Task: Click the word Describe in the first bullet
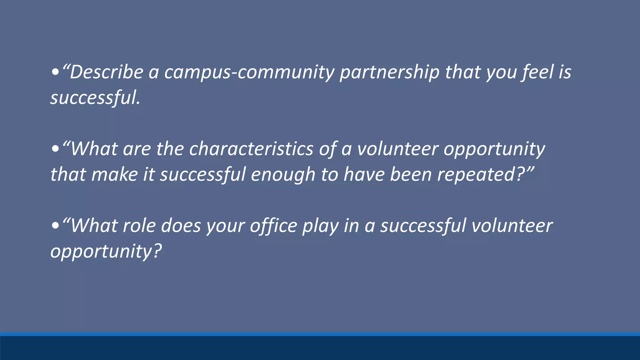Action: (x=106, y=72)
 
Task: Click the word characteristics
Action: (x=251, y=149)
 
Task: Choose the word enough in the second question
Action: (x=283, y=174)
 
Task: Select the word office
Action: (x=273, y=226)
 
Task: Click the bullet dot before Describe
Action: (x=55, y=73)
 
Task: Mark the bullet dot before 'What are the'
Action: (x=55, y=149)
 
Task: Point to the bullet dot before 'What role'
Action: (x=55, y=226)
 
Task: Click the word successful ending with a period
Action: (x=95, y=98)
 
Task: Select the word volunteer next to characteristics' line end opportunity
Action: (x=397, y=149)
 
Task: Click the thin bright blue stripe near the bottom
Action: (x=320, y=334)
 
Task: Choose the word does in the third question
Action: (x=181, y=226)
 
